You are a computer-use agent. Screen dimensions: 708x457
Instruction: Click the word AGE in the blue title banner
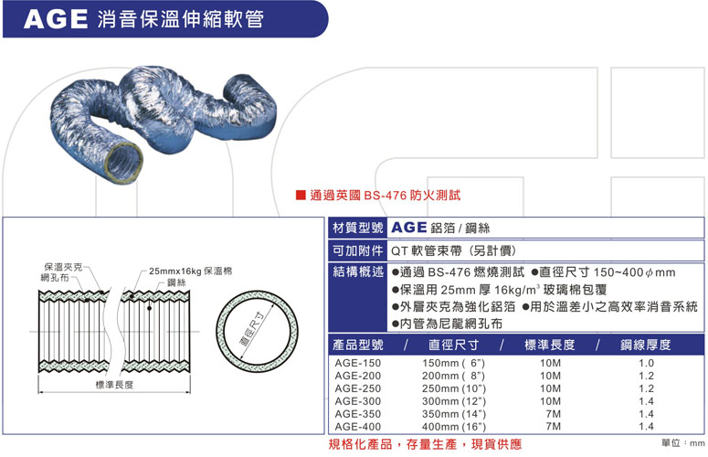[56, 19]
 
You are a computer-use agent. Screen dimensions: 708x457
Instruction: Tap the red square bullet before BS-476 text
[301, 195]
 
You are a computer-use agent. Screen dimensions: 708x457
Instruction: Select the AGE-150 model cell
[357, 363]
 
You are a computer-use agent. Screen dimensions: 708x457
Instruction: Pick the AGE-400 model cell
[357, 426]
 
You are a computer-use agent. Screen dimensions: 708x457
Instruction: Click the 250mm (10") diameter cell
[454, 388]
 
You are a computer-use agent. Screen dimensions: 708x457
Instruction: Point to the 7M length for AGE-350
[553, 414]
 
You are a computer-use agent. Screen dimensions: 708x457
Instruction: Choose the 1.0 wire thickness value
[646, 363]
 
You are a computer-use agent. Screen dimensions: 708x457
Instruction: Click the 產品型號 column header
[358, 345]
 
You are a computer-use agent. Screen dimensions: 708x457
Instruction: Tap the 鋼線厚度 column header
[646, 345]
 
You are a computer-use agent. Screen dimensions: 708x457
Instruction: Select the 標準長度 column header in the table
[550, 345]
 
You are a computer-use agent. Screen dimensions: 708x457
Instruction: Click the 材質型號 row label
[357, 228]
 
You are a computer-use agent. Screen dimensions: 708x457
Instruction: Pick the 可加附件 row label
[357, 250]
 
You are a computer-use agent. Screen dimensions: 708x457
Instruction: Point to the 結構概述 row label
[357, 271]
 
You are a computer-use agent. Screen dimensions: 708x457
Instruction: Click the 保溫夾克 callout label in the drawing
[64, 267]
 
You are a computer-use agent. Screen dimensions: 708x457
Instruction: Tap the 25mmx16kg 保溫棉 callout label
[191, 271]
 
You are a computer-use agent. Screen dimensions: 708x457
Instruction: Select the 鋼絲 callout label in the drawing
[176, 282]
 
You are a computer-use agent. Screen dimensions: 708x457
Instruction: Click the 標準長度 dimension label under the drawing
[115, 385]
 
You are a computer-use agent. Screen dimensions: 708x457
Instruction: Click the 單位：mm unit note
[682, 443]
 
